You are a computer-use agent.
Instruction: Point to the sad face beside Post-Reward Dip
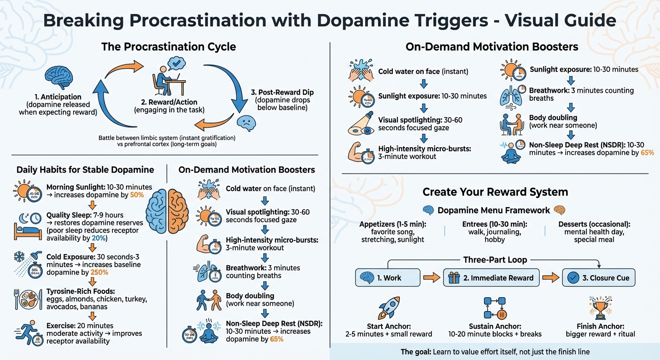pyautogui.click(x=247, y=122)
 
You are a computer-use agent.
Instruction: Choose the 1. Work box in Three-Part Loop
pyautogui.click(x=387, y=277)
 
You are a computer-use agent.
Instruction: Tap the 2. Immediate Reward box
pyautogui.click(x=491, y=277)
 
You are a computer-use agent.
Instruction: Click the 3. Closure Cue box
pyautogui.click(x=599, y=277)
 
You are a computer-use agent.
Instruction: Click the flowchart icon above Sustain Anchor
pyautogui.click(x=495, y=307)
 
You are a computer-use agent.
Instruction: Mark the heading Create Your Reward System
pyautogui.click(x=495, y=192)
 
